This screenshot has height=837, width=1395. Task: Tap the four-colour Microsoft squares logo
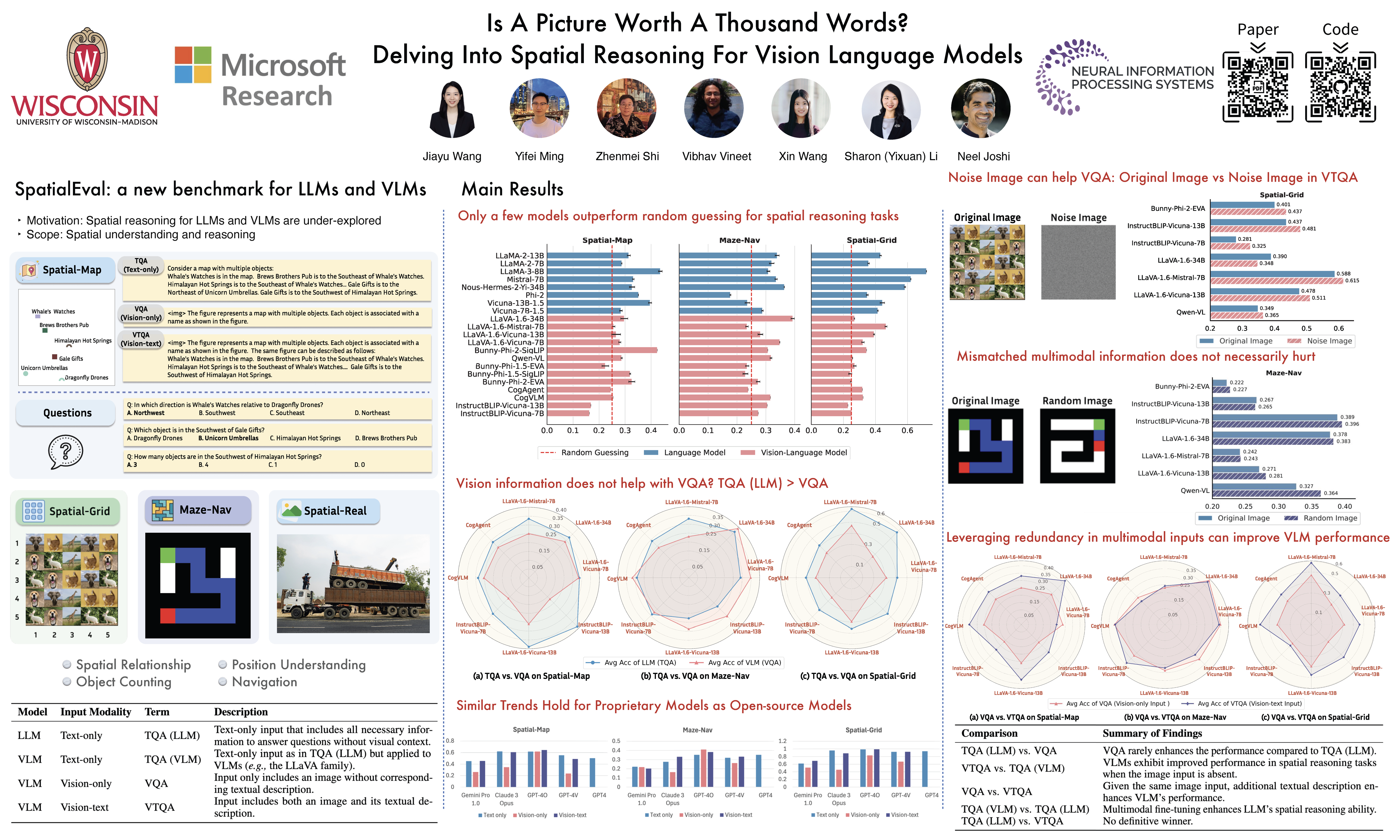click(x=193, y=65)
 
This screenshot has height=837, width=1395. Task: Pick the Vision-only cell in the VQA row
click(x=86, y=784)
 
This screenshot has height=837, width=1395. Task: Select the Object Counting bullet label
click(x=124, y=682)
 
